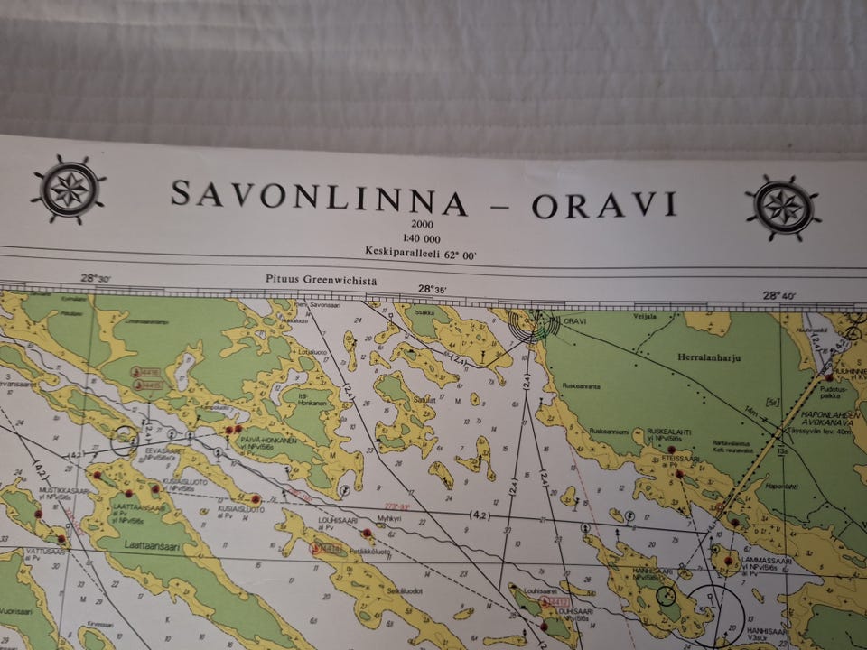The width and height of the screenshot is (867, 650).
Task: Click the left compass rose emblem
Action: coord(68,190)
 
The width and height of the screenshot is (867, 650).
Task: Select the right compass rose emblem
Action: coord(783,208)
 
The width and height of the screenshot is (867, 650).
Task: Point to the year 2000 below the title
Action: coord(422,224)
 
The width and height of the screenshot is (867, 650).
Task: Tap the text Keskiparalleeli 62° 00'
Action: coord(420,253)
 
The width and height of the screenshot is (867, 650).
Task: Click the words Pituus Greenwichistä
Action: coord(321,282)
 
